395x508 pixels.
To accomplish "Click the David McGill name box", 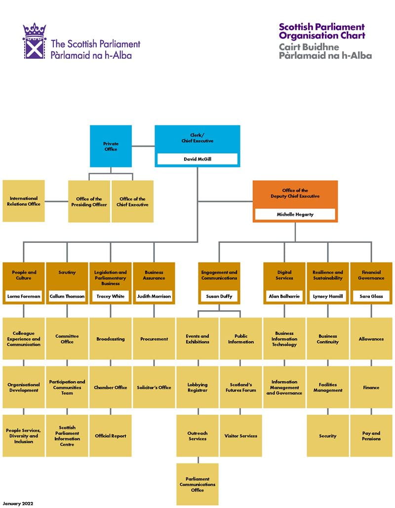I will coord(197,159).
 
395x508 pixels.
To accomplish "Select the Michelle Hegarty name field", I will coord(295,214).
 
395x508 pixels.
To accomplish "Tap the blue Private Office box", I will coord(111,146).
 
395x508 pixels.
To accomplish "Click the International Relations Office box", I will coord(23,201).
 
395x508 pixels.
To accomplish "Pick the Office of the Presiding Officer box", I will coord(89,201).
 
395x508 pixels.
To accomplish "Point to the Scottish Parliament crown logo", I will coord(34,41).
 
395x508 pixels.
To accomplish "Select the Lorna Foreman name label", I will coord(23,297).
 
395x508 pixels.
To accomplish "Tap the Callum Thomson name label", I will coord(67,297).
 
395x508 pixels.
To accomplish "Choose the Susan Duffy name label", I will coord(219,297).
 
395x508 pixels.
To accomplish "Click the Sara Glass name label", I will coord(371,297).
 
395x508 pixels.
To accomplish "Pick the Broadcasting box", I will coord(111,339).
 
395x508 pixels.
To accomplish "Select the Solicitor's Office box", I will coord(154,388).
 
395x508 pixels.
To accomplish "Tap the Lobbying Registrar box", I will coord(197,388).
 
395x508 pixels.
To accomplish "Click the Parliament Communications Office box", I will coord(197,484).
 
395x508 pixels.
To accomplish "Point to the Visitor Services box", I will coord(241,436).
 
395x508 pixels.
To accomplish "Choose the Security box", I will coord(328,436).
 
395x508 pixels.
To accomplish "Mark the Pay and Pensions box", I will coord(371,436).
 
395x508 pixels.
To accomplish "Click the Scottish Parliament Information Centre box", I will coord(67,436).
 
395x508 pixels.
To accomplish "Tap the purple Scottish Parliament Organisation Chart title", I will coord(321,31).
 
